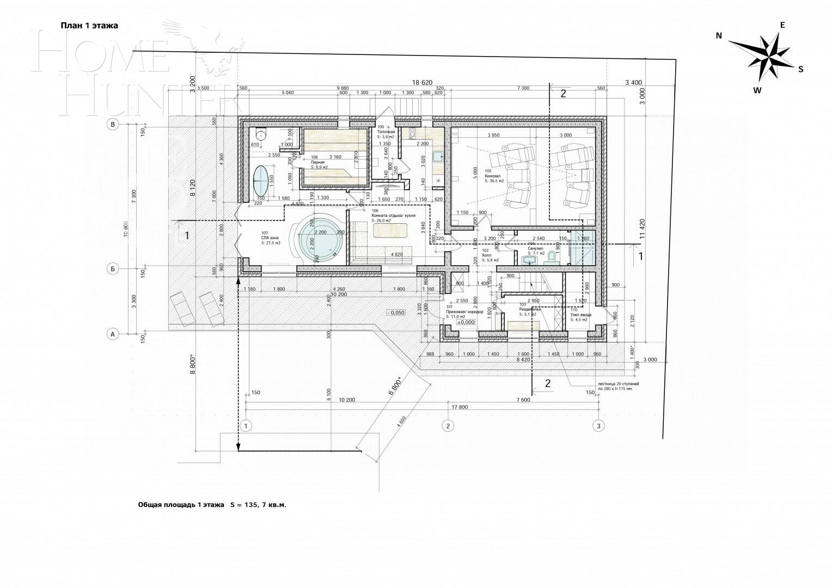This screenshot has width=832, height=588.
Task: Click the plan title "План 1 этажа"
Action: tap(89, 25)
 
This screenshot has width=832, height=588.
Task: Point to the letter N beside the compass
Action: tap(718, 35)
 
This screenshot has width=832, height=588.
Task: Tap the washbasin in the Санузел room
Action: tap(529, 260)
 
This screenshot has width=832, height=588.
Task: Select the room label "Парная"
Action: tap(317, 162)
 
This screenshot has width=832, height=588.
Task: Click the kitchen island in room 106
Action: tap(391, 230)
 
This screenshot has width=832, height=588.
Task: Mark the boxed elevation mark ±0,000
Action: tap(466, 322)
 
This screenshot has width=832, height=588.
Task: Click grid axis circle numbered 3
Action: tap(598, 426)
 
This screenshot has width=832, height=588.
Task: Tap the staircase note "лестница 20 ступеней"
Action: tap(618, 384)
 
